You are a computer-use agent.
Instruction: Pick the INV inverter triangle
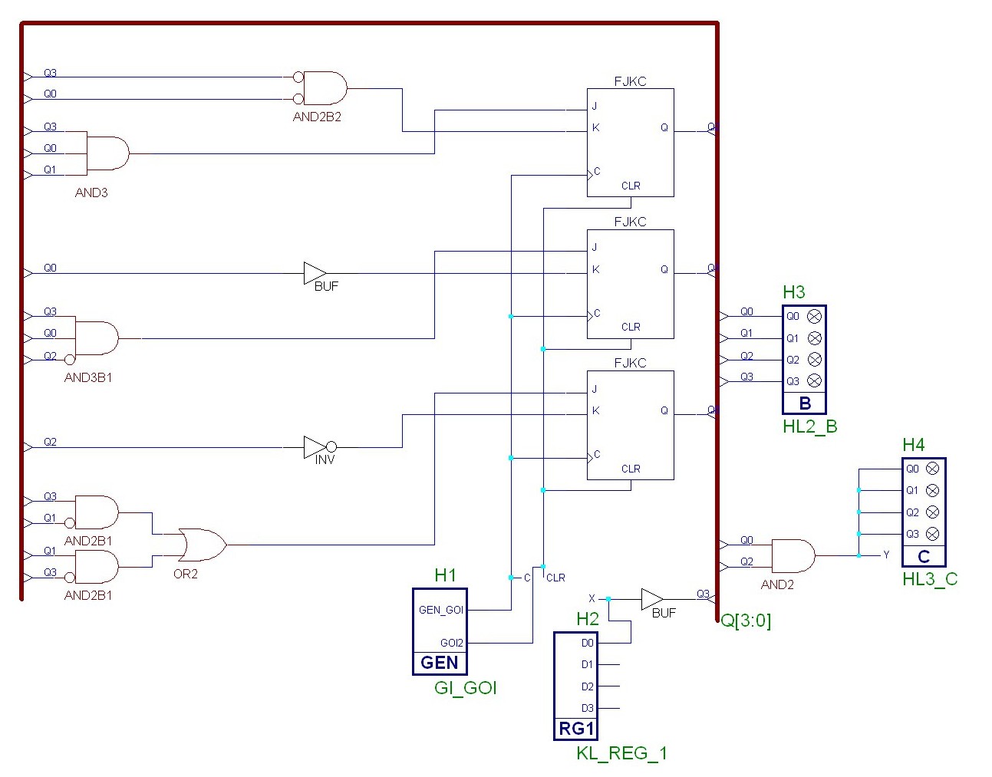pyautogui.click(x=316, y=447)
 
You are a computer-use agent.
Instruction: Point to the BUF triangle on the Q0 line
pyautogui.click(x=315, y=273)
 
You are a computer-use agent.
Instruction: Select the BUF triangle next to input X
pyautogui.click(x=652, y=599)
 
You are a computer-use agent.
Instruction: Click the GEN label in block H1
pyautogui.click(x=440, y=663)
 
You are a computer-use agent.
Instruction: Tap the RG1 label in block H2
pyautogui.click(x=576, y=729)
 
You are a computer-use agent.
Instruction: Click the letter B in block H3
pyautogui.click(x=805, y=403)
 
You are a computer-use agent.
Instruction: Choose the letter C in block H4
pyautogui.click(x=924, y=557)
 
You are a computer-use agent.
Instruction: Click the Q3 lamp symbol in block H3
pyautogui.click(x=815, y=381)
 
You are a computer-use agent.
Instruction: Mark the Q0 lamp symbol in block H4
pyautogui.click(x=933, y=469)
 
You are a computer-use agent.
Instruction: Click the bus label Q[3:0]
pyautogui.click(x=746, y=621)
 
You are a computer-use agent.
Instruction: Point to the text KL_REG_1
pyautogui.click(x=621, y=754)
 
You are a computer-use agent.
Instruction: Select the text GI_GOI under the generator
pyautogui.click(x=466, y=688)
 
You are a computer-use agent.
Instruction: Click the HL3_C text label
pyautogui.click(x=930, y=579)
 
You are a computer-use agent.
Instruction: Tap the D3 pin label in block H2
pyautogui.click(x=587, y=708)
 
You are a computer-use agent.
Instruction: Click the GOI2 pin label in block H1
pyautogui.click(x=451, y=644)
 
